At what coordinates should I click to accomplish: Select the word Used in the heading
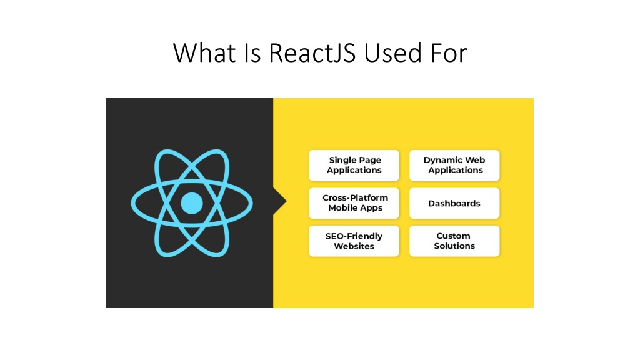click(392, 53)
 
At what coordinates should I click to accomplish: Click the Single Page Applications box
click(354, 165)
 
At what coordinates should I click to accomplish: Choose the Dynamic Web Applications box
click(454, 165)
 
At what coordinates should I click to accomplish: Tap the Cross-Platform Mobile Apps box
click(354, 203)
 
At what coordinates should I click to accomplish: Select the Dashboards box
click(454, 203)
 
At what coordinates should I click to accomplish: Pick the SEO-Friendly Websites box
click(354, 241)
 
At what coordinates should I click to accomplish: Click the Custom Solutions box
click(454, 241)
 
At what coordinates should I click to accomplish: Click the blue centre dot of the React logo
click(192, 203)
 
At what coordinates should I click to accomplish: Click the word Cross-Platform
click(355, 197)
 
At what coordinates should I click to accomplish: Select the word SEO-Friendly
click(354, 236)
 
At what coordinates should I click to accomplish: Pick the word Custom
click(453, 236)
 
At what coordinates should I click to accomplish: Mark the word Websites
click(354, 246)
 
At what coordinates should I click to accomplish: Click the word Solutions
click(454, 246)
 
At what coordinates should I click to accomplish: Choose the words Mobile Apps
click(355, 207)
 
